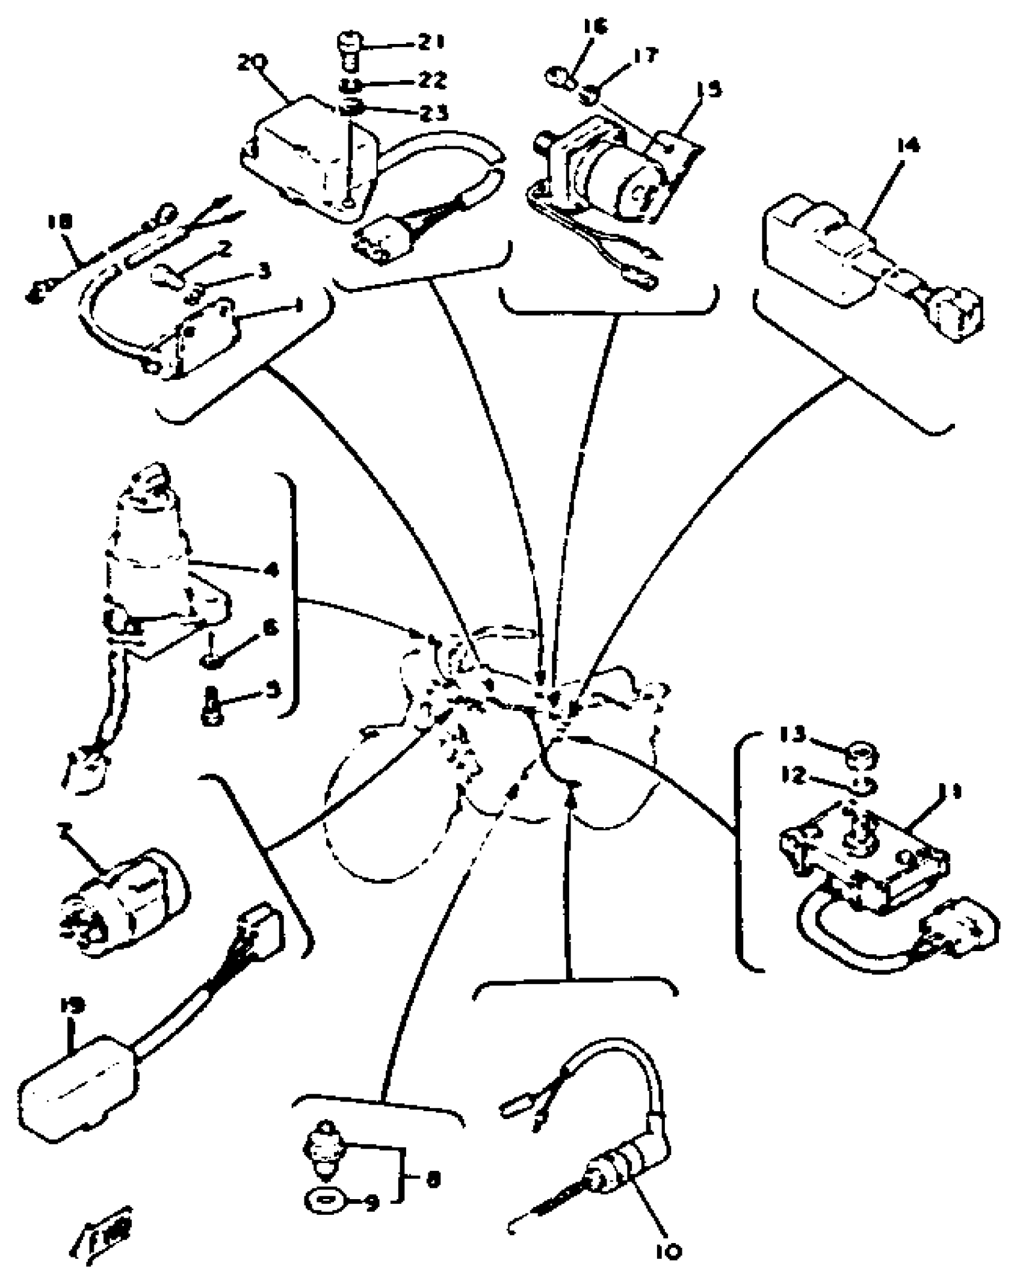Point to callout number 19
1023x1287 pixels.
pyautogui.click(x=72, y=1005)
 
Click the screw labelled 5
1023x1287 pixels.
pyautogui.click(x=211, y=706)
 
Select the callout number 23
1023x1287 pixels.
pyautogui.click(x=433, y=113)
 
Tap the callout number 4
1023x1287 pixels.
pyautogui.click(x=271, y=569)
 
